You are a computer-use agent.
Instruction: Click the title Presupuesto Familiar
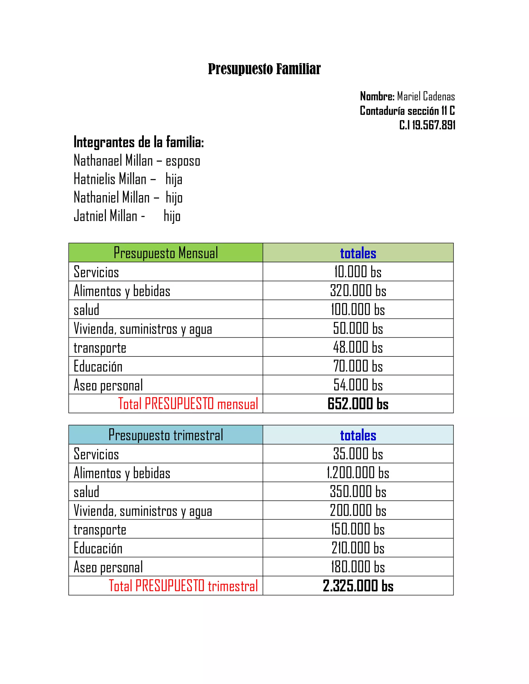tap(264, 69)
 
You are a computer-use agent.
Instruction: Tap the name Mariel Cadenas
tap(426, 97)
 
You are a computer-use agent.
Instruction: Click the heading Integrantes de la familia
tap(138, 142)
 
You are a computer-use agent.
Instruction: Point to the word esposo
tap(183, 161)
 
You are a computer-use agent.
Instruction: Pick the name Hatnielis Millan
tap(110, 179)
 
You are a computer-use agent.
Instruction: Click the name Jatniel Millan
tap(106, 216)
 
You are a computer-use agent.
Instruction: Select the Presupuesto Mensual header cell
tap(166, 253)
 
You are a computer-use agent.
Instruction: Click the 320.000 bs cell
tap(358, 291)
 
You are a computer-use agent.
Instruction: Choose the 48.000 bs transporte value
tap(358, 347)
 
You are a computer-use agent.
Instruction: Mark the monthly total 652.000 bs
tap(358, 404)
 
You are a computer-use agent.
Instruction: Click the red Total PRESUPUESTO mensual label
tap(188, 404)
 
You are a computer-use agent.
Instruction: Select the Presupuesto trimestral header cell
tap(166, 435)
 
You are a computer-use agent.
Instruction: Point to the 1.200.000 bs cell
tap(358, 473)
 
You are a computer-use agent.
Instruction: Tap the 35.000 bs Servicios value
tap(358, 454)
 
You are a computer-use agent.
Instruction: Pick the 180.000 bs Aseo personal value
tap(358, 567)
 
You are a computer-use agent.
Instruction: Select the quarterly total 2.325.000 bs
tap(358, 586)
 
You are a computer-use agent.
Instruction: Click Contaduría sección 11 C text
tap(407, 111)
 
